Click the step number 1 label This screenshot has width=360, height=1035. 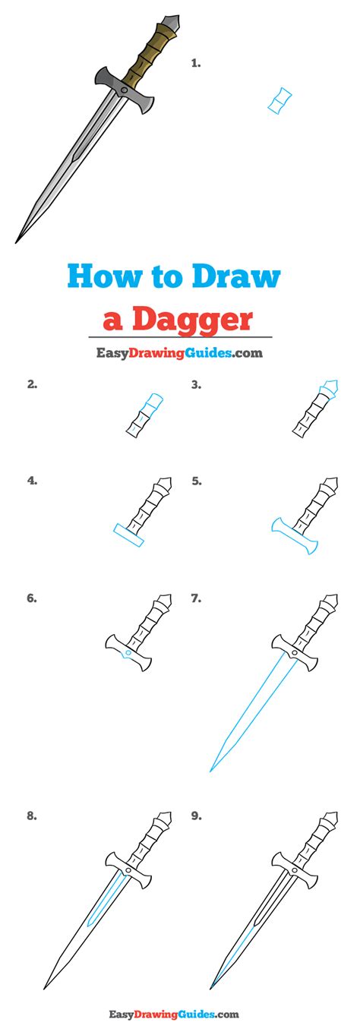pyautogui.click(x=196, y=65)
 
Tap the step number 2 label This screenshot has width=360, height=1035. pyautogui.click(x=32, y=385)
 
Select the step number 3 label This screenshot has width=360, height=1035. pyautogui.click(x=196, y=385)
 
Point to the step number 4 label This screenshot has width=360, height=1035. pyautogui.click(x=32, y=481)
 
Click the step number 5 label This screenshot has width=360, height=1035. pyautogui.click(x=196, y=481)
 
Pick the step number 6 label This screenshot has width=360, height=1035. pyautogui.click(x=32, y=598)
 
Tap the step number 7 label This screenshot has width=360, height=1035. pyautogui.click(x=196, y=598)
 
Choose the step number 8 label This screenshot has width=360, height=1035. pyautogui.click(x=32, y=816)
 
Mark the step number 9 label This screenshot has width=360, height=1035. pyautogui.click(x=196, y=816)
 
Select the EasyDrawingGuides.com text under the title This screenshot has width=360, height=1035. pyautogui.click(x=179, y=352)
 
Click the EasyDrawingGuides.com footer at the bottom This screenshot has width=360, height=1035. pyautogui.click(x=179, y=1014)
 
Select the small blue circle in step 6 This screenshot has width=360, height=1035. pyautogui.click(x=128, y=652)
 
